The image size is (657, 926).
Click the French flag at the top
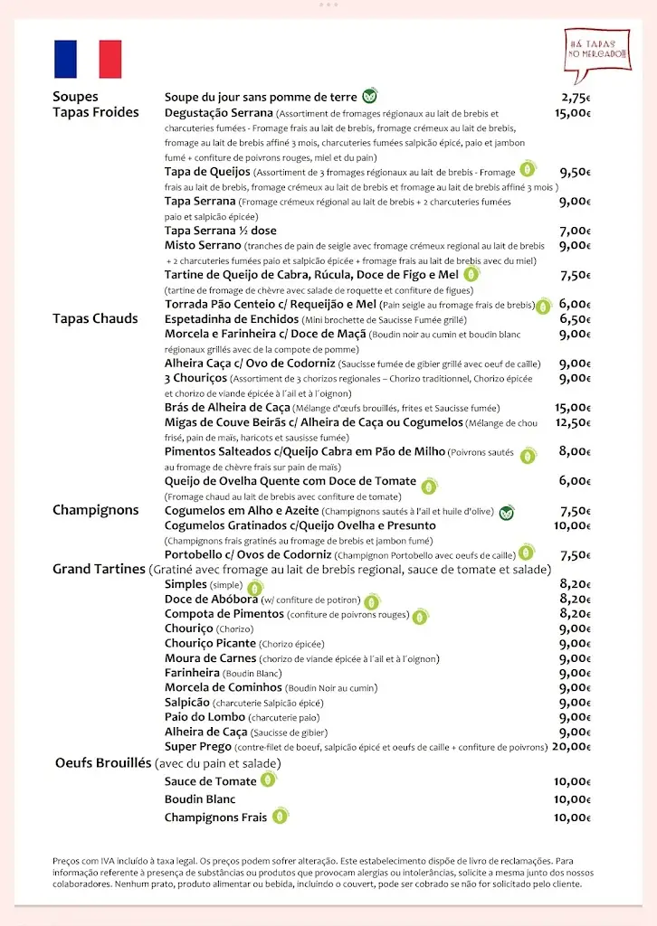pos(88,60)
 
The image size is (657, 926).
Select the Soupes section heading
pos(75,97)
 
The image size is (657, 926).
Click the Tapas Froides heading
pos(96,112)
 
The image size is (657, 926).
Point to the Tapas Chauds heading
pos(95,318)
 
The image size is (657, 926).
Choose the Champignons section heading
pos(96,510)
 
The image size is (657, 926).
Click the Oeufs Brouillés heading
pos(103,763)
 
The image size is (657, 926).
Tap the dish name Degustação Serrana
pos(219,113)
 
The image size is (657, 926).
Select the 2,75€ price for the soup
pos(576,98)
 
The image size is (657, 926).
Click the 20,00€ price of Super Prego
pos(571,747)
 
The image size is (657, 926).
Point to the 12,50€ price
pos(573,422)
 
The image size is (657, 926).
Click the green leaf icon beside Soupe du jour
pos(369,96)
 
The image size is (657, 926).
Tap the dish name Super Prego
pos(197,747)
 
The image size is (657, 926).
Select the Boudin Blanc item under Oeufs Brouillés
pos(200,799)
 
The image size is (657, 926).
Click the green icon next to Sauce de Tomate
pos(269,780)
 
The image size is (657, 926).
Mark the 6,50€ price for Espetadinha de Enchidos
pos(576,319)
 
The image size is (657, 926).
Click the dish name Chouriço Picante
pos(210,644)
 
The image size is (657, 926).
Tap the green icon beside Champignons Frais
pos(281,816)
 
